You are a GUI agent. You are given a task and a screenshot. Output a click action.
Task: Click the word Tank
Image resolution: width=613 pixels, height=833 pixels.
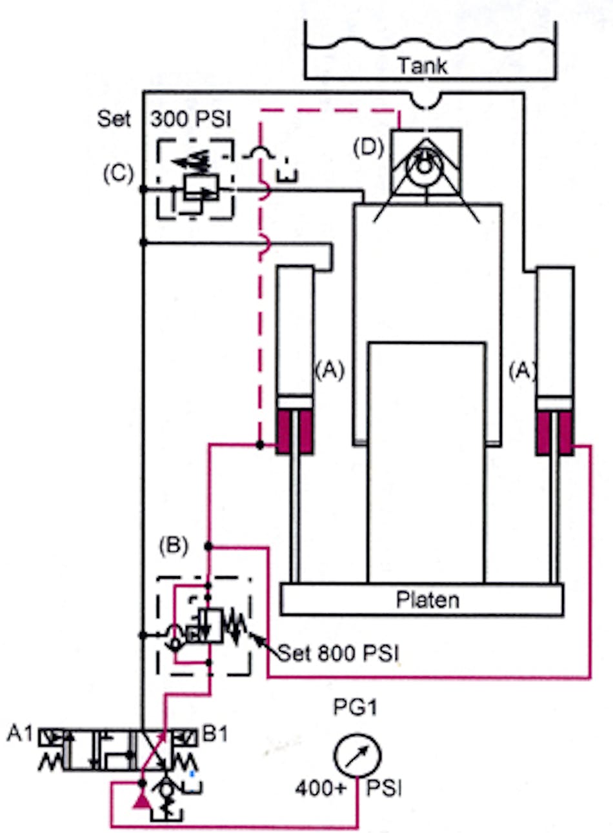423,65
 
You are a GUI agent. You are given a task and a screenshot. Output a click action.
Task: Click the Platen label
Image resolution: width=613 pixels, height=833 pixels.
427,600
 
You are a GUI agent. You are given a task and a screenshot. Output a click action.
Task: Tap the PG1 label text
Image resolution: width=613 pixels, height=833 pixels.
355,708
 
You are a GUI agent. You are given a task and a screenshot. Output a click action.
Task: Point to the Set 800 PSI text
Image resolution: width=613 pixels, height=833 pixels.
338,654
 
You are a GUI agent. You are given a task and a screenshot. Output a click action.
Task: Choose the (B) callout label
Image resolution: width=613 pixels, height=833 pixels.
174,546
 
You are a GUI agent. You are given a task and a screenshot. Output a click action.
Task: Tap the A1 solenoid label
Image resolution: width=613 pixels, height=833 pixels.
21,735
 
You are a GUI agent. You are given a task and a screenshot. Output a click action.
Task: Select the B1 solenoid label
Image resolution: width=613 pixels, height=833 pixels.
215,734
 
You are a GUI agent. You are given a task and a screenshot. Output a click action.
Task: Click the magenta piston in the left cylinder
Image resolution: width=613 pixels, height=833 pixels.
295,432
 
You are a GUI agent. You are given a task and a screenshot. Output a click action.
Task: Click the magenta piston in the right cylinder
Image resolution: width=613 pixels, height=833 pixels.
555,432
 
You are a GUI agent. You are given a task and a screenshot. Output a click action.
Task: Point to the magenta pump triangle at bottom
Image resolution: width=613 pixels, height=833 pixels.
141,799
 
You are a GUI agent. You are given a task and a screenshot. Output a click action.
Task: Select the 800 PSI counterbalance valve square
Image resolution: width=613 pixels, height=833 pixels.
210,625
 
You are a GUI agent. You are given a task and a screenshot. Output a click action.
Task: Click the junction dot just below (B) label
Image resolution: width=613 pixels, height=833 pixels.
208,547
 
